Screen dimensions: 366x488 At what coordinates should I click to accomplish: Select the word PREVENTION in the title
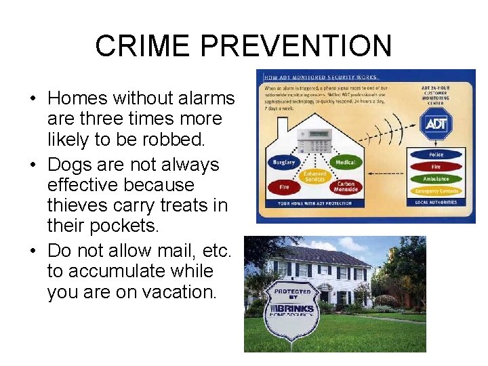click(x=297, y=46)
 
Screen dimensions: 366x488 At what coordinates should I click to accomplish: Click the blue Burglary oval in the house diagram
click(x=284, y=163)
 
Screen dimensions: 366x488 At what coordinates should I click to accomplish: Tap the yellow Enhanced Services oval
click(x=314, y=176)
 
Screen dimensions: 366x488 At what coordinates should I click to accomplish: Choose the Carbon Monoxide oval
click(x=346, y=187)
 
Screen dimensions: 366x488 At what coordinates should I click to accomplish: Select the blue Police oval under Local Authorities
click(x=435, y=155)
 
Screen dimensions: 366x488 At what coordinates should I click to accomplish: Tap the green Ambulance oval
click(x=435, y=179)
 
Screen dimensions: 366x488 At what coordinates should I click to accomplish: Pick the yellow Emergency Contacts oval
click(x=435, y=191)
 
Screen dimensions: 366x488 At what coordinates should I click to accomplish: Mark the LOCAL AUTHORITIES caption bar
click(x=435, y=203)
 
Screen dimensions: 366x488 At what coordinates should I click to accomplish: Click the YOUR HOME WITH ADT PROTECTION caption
click(x=314, y=203)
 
